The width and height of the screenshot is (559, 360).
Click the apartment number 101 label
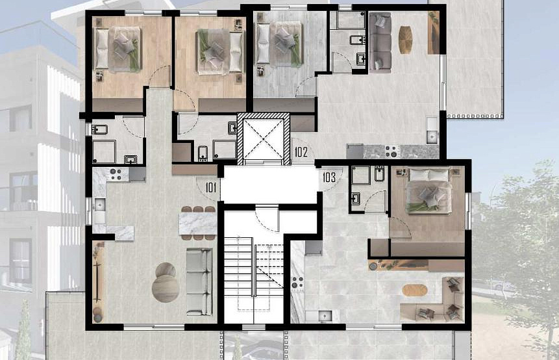pos(211,187)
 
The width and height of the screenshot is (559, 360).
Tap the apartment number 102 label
pos(301,152)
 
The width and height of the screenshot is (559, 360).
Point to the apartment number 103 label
pos(329,177)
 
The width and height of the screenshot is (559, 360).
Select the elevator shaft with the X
pos(264,139)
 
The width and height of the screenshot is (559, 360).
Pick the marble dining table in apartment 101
pos(198,224)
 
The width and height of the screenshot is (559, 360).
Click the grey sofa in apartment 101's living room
pos(199,282)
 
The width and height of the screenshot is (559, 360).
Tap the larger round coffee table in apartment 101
pos(166,289)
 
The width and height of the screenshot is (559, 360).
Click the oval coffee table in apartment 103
pos(415,290)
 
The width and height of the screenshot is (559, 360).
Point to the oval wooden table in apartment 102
pos(405,40)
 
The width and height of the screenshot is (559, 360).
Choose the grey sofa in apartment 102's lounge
pos(380,42)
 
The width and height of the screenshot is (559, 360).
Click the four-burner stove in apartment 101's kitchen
pos(116,174)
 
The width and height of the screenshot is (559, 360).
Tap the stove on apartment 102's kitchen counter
pos(391,151)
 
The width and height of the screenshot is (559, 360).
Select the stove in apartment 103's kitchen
pos(298,282)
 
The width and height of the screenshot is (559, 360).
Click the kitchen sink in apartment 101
pos(99,205)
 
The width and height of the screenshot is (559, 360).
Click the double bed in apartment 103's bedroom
pos(430,191)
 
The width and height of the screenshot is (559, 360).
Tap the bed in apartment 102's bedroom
pos(280,44)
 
